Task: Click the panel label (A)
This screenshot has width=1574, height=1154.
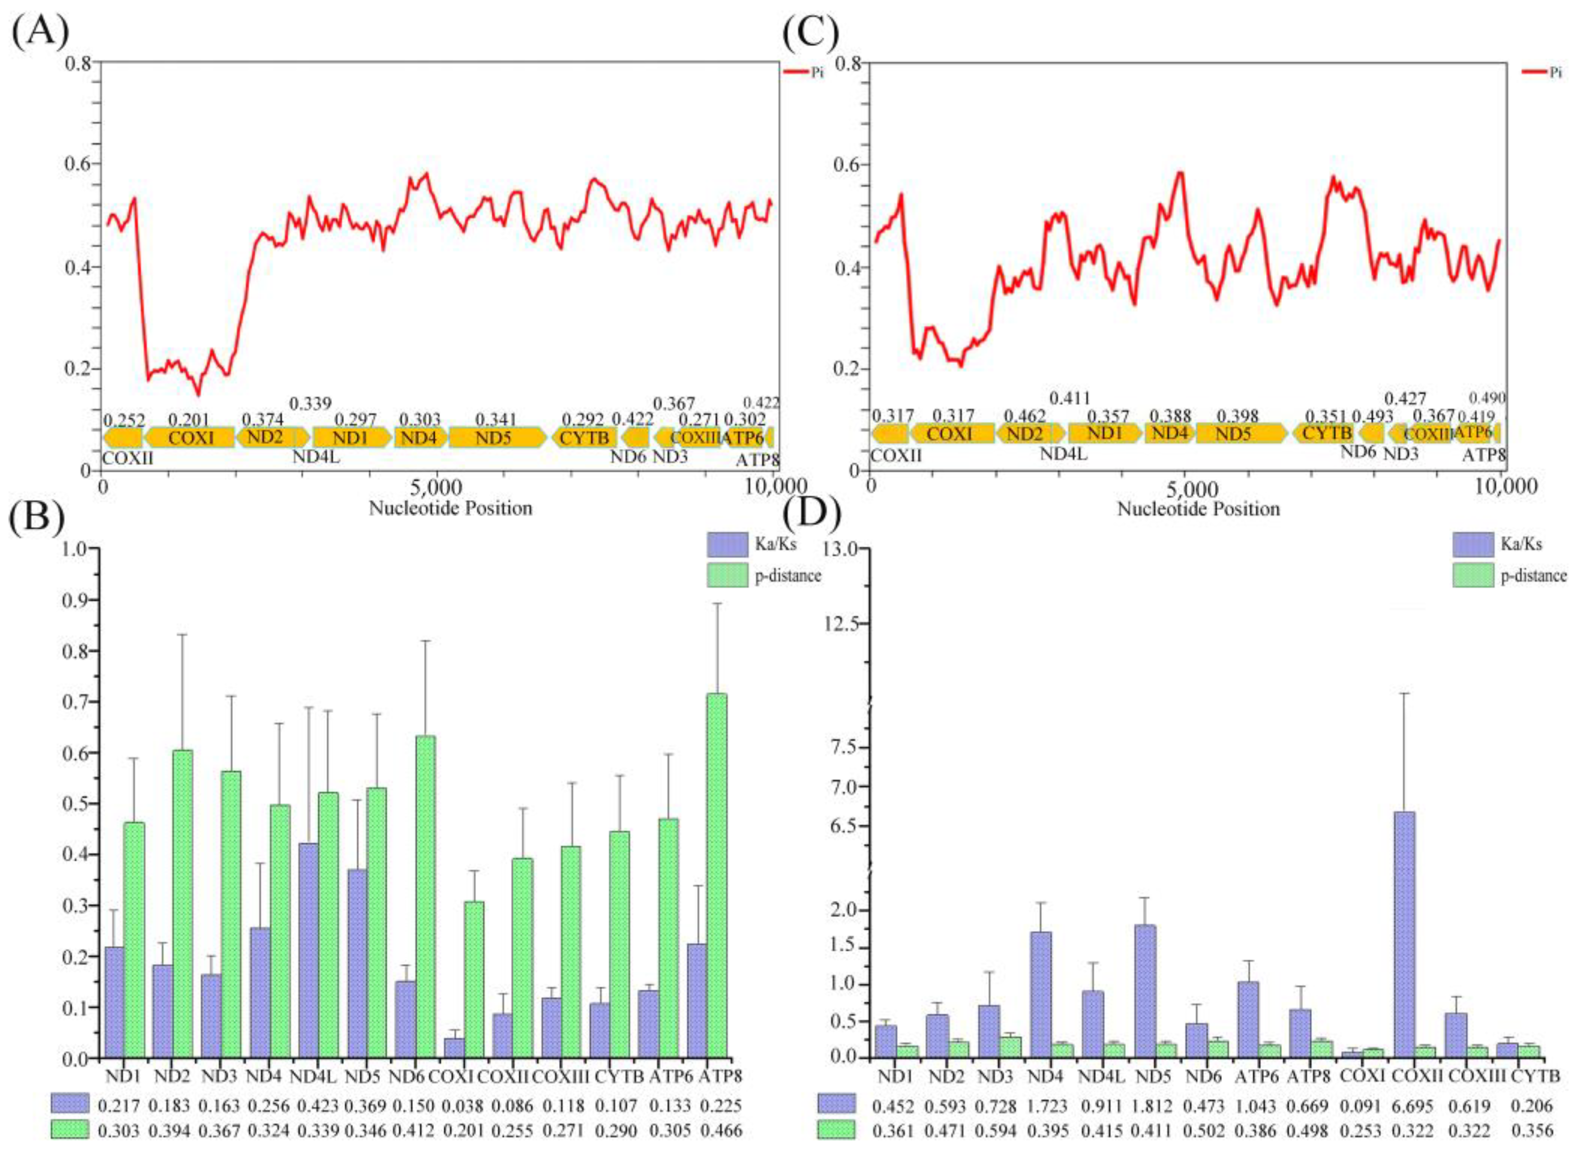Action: click(40, 33)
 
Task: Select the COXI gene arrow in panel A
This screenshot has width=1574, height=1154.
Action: click(190, 438)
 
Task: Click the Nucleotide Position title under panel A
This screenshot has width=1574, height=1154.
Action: click(450, 508)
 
